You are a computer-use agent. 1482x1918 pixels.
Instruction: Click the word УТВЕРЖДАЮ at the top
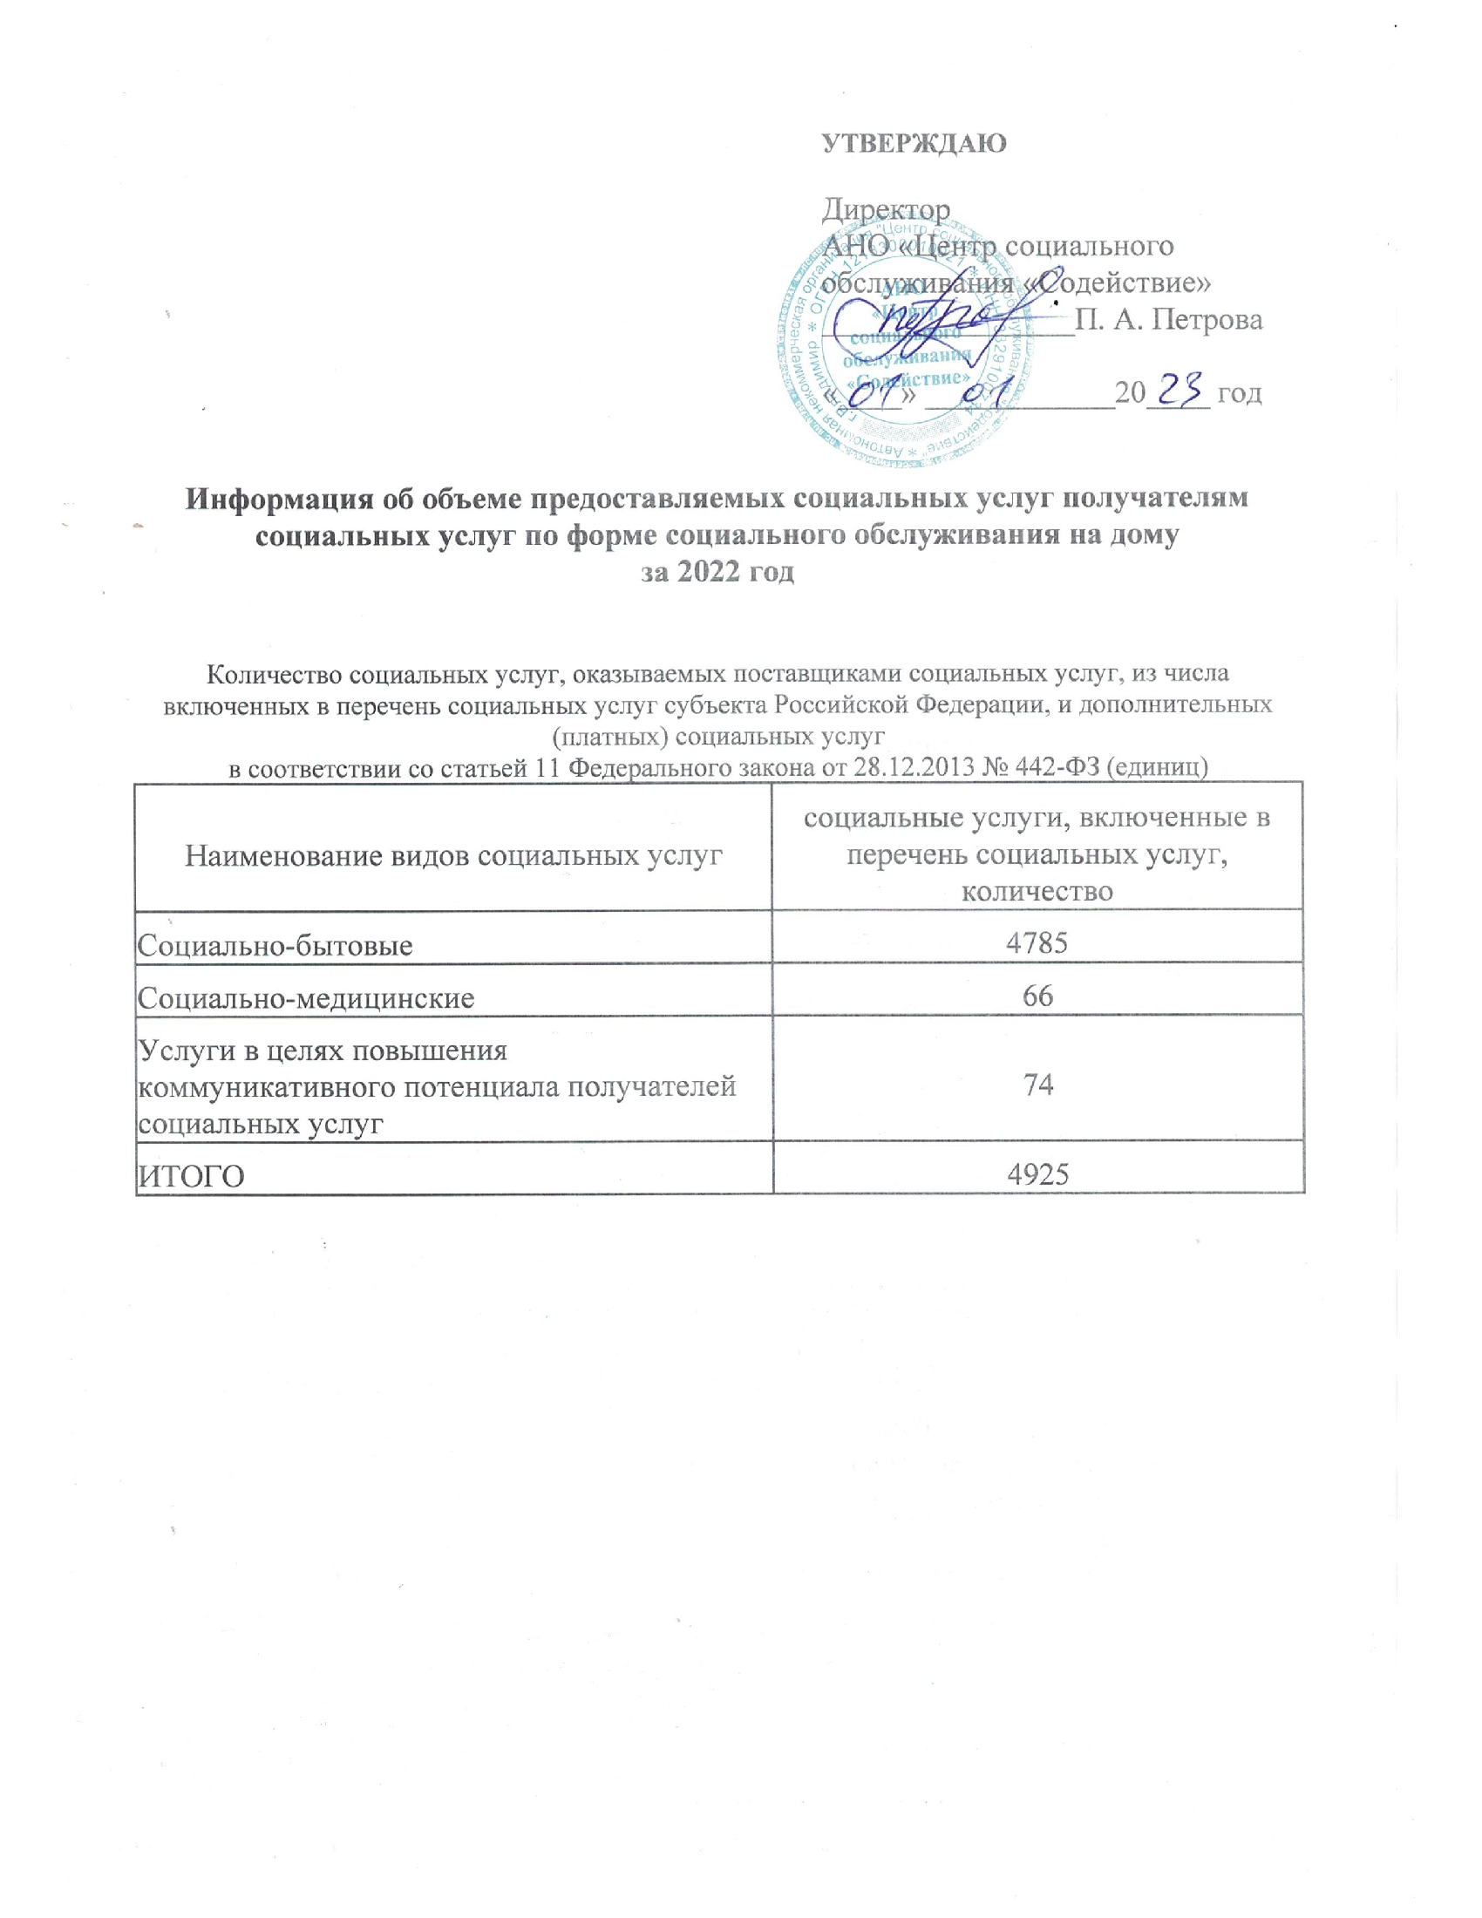pos(914,143)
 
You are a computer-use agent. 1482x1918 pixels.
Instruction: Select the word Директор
pos(886,210)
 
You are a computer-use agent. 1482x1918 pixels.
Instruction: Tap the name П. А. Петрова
pos(1168,320)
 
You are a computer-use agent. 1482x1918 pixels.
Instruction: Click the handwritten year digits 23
pos(1186,389)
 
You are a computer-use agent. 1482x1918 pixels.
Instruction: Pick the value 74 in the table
pos(1037,1085)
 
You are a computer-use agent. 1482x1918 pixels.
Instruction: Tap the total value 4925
pos(1037,1174)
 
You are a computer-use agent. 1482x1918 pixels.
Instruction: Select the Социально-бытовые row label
pos(275,946)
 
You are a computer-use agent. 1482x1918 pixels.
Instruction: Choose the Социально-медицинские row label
pos(306,998)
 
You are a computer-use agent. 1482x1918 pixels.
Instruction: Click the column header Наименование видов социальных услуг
pos(453,855)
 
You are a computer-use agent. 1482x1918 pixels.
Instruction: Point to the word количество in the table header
pos(1037,891)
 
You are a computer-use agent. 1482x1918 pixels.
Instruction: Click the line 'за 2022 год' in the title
pos(717,572)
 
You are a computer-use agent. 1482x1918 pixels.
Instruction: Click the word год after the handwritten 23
pos(1240,392)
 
